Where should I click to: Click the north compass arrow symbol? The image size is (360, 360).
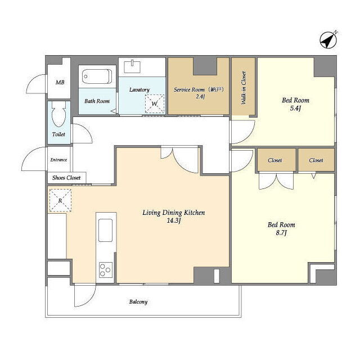(x=328, y=40)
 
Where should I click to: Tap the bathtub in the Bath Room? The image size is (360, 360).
(x=97, y=76)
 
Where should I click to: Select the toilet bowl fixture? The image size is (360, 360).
(x=58, y=114)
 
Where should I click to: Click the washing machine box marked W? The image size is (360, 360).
(x=155, y=103)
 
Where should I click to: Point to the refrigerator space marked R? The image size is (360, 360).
(x=60, y=200)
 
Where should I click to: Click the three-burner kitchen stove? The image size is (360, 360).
(x=106, y=269)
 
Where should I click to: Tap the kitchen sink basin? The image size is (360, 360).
(x=105, y=230)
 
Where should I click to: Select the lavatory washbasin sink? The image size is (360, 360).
(x=132, y=66)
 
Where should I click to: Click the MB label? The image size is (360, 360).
(x=60, y=82)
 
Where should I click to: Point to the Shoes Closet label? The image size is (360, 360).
(x=66, y=178)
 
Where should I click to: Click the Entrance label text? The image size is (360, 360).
(x=58, y=160)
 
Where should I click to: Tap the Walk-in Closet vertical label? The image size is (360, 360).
(x=244, y=88)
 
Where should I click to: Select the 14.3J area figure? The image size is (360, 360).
(x=174, y=221)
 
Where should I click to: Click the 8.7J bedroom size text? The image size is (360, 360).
(x=281, y=233)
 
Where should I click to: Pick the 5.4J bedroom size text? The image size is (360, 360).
(x=295, y=109)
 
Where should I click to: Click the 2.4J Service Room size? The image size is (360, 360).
(x=200, y=96)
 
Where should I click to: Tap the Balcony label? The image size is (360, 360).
(x=138, y=301)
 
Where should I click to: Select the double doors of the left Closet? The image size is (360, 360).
(x=276, y=181)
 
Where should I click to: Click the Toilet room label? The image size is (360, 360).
(x=58, y=134)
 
